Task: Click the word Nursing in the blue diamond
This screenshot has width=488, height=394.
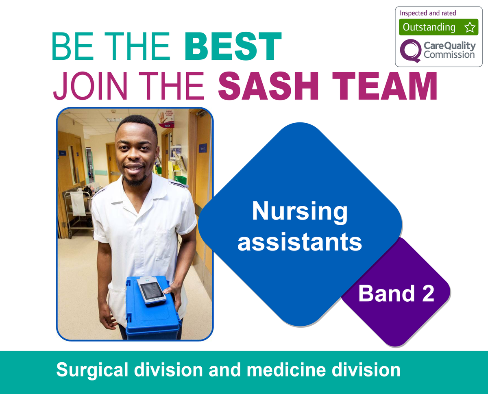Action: (300, 212)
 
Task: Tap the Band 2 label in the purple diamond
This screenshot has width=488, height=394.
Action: (396, 294)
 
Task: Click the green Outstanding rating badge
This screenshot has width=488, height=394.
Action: (438, 27)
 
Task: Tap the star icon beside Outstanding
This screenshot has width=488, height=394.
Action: (470, 28)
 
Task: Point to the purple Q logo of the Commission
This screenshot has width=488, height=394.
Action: (410, 50)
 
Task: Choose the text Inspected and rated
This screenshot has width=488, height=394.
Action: (428, 13)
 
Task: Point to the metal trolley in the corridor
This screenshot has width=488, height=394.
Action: (77, 211)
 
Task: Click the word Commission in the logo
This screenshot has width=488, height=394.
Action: (449, 54)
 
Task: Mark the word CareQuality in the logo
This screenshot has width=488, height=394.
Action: (449, 46)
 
